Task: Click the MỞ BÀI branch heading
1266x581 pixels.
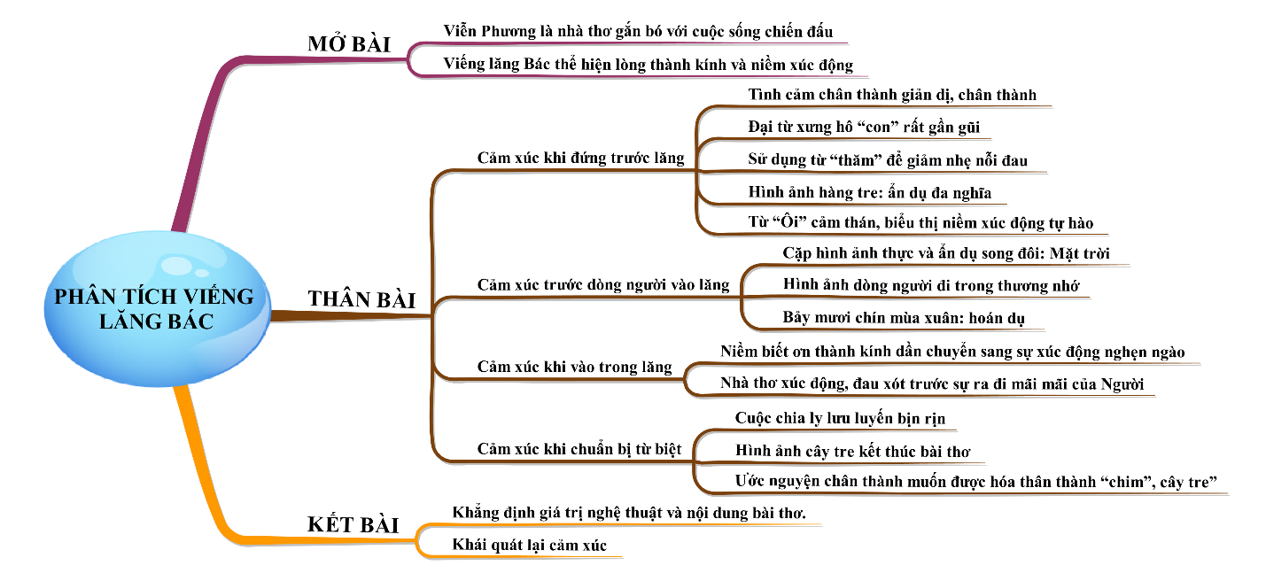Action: click(x=349, y=44)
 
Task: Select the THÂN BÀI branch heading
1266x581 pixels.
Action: click(x=361, y=299)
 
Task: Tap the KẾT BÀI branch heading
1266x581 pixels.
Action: click(x=353, y=524)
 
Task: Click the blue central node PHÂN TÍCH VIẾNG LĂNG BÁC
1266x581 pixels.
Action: click(x=154, y=308)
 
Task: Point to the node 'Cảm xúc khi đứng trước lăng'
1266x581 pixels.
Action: click(x=580, y=159)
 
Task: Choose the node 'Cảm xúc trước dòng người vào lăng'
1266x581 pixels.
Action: click(x=602, y=285)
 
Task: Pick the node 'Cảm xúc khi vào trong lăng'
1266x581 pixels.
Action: click(x=574, y=367)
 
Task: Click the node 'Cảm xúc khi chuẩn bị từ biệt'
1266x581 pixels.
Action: click(x=579, y=449)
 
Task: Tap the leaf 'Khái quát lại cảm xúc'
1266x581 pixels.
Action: click(x=529, y=546)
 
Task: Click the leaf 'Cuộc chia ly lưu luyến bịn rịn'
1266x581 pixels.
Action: click(x=845, y=418)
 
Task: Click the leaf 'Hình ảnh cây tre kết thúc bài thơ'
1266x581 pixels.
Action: click(x=852, y=451)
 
